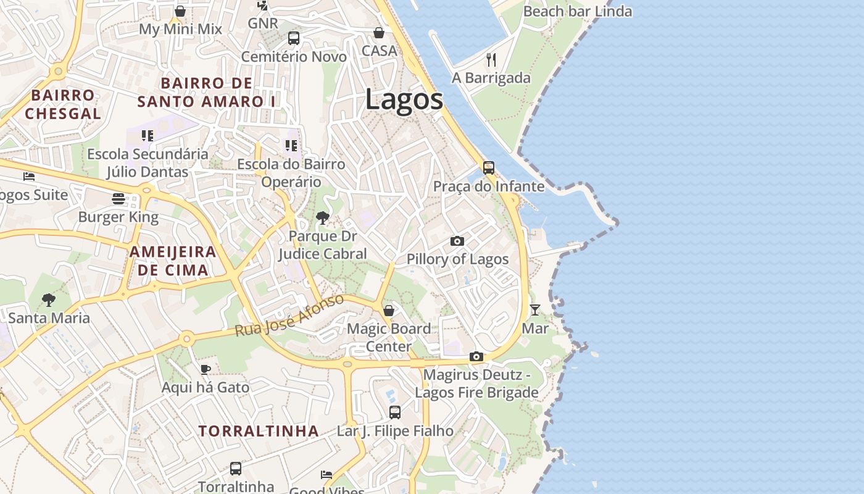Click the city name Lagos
404,99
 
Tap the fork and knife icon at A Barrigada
491,60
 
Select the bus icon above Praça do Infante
489,167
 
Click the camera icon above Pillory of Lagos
457,241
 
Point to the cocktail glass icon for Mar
535,309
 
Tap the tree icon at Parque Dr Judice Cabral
322,217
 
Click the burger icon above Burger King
118,199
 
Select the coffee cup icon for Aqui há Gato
206,369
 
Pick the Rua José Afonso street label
289,316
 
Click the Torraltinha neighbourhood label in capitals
259,431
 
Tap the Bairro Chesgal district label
63,104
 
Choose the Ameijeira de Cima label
173,261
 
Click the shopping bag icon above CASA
379,32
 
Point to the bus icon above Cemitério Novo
294,38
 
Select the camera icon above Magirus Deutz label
476,356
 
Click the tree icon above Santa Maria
49,300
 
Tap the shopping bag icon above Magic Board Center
389,310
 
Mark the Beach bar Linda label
577,11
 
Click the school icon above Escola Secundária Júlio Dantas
147,135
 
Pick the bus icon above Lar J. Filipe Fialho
395,412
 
